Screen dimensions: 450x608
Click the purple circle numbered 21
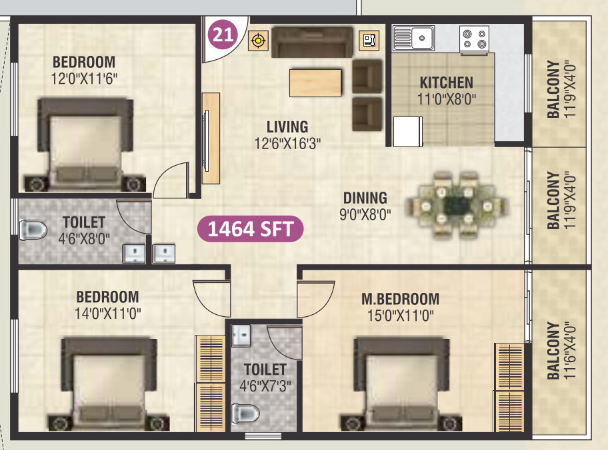(223, 33)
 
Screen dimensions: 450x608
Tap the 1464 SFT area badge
(250, 229)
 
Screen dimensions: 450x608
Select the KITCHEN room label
(446, 83)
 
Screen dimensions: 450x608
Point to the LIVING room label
(287, 126)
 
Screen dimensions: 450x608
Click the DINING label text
(365, 198)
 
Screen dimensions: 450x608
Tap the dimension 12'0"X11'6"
(84, 77)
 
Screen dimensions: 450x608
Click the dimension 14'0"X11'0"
(108, 312)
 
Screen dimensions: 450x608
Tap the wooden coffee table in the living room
(315, 83)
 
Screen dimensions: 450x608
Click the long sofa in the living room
(312, 42)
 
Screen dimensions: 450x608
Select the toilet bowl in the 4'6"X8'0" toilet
(33, 230)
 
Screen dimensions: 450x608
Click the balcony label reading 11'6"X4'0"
(559, 351)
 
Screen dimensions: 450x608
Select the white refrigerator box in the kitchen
(408, 131)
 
